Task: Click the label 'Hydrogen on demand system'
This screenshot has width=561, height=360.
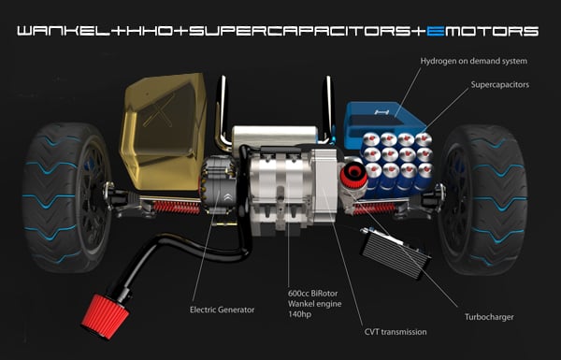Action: tap(473, 61)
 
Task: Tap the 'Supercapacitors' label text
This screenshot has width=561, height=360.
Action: tap(499, 85)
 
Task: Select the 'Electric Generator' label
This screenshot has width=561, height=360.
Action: tap(222, 310)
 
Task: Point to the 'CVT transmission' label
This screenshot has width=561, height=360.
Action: tap(396, 332)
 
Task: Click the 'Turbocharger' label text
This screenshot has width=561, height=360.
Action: tap(489, 317)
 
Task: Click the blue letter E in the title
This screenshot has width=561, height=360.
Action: tap(436, 31)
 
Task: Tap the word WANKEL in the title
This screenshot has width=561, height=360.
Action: tap(63, 31)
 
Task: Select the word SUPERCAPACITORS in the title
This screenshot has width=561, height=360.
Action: tap(300, 31)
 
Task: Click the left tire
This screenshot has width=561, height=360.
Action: tap(65, 197)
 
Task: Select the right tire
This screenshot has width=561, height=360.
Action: tap(483, 199)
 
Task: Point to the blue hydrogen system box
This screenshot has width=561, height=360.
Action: tap(381, 122)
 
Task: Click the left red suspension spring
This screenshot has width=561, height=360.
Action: tap(177, 208)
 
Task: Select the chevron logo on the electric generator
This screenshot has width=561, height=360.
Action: tap(227, 197)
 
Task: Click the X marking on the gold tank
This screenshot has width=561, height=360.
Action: tap(158, 111)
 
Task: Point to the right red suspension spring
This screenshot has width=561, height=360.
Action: tap(374, 208)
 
